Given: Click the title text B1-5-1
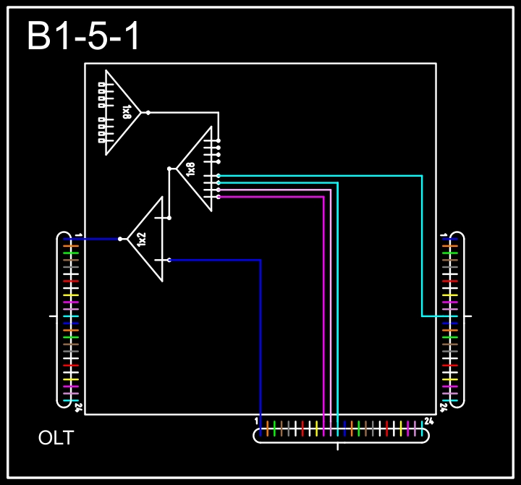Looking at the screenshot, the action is coord(82,36).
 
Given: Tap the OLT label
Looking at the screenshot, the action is coord(56,438).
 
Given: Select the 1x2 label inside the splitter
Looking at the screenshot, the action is coord(142,240).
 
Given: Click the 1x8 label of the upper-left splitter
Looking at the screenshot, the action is coord(127,112).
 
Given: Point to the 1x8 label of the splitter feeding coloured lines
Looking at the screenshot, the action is coord(190,169).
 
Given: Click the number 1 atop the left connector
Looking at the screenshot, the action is coord(78,235).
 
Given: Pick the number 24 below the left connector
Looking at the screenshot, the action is coord(78,408).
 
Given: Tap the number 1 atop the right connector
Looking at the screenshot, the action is coord(444,235).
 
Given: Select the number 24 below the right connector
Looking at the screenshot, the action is coord(444,408).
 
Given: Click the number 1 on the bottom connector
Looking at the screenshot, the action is coord(256,421).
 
